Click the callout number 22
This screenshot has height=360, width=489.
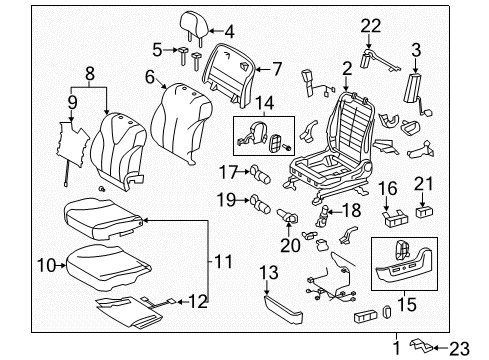tap(371, 25)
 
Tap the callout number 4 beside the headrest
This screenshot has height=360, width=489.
tap(228, 30)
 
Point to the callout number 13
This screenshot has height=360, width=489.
tap(268, 273)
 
